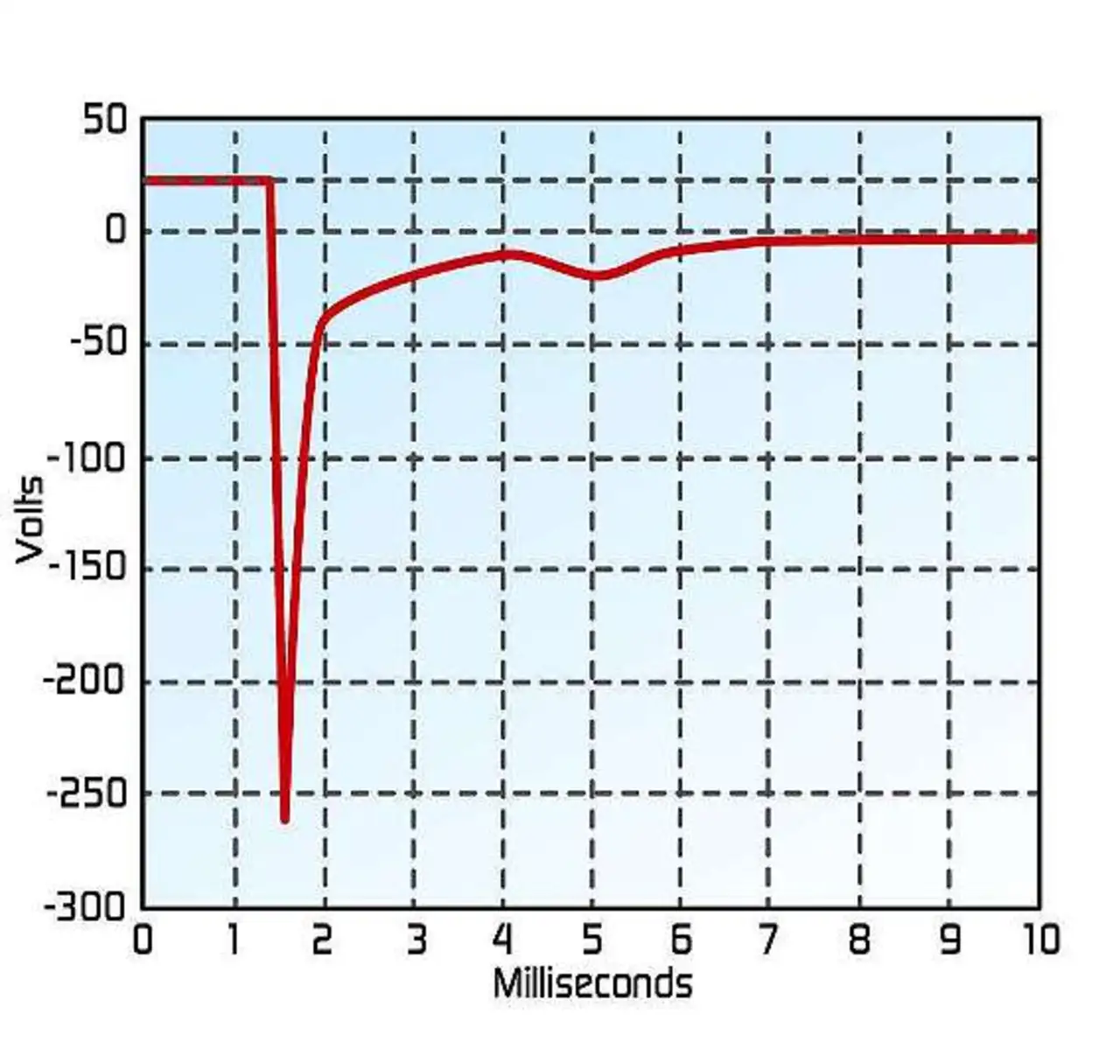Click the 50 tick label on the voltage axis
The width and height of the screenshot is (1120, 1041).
pos(105,120)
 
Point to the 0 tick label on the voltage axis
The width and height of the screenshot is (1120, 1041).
pos(115,231)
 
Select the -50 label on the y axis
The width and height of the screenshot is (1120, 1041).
pos(97,342)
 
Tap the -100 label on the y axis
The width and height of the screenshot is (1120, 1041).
pos(87,457)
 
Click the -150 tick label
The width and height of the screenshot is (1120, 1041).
pos(87,568)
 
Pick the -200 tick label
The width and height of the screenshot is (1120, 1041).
pos(85,680)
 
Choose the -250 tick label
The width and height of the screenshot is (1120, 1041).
pos(87,793)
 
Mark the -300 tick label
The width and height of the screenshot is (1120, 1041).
pos(85,907)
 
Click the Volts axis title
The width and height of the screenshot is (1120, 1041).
pos(30,520)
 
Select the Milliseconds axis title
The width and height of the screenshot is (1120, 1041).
pos(592,983)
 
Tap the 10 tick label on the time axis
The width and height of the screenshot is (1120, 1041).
pos(1038,940)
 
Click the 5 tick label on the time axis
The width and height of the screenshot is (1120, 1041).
pos(592,940)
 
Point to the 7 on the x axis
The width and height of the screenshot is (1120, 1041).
pos(769,940)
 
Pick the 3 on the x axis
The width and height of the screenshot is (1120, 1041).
pos(415,940)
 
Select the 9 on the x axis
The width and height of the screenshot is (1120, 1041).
pos(948,940)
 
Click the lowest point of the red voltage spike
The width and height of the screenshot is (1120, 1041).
pos(284,819)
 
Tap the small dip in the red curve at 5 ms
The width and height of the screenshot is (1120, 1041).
pos(598,276)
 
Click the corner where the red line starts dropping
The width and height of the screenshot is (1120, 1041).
pos(269,182)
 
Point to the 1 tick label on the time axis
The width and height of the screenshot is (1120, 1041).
pos(233,940)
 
